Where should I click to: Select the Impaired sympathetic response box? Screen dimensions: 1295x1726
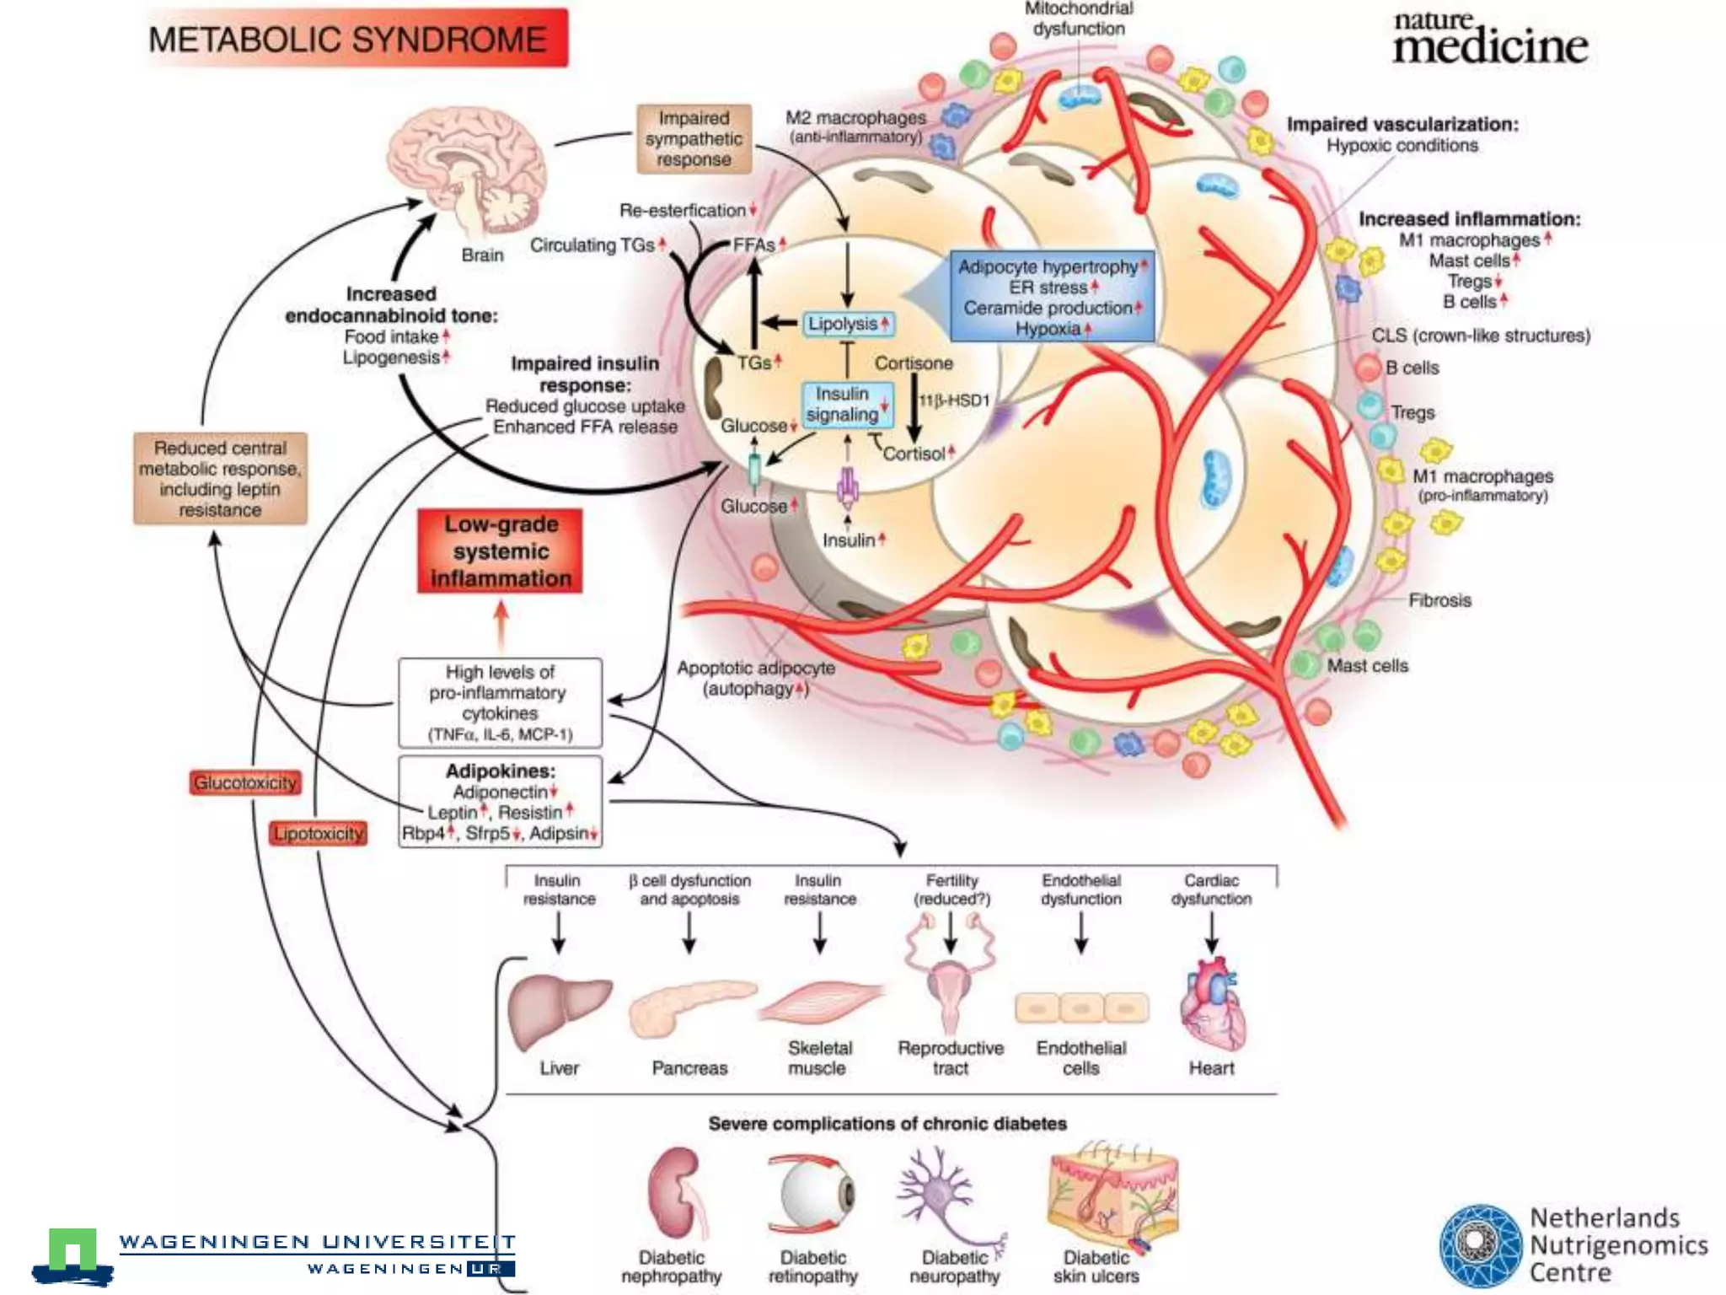click(694, 139)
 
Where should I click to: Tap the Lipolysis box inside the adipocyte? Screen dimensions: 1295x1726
click(847, 324)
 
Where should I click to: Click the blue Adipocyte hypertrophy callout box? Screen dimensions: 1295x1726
click(1052, 297)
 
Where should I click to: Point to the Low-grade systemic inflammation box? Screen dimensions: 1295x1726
click(501, 551)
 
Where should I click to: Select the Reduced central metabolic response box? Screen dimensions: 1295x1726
click(220, 478)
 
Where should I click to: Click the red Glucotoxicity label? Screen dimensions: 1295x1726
click(245, 782)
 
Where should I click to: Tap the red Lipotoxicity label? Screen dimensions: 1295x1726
click(319, 833)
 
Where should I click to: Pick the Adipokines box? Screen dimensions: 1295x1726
click(500, 801)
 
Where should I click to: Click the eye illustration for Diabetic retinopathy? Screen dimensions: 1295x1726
click(811, 1194)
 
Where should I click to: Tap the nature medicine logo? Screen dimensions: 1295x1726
click(1488, 39)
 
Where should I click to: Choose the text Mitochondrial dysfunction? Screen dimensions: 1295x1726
click(1079, 19)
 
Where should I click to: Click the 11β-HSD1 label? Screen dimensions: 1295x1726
click(954, 400)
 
